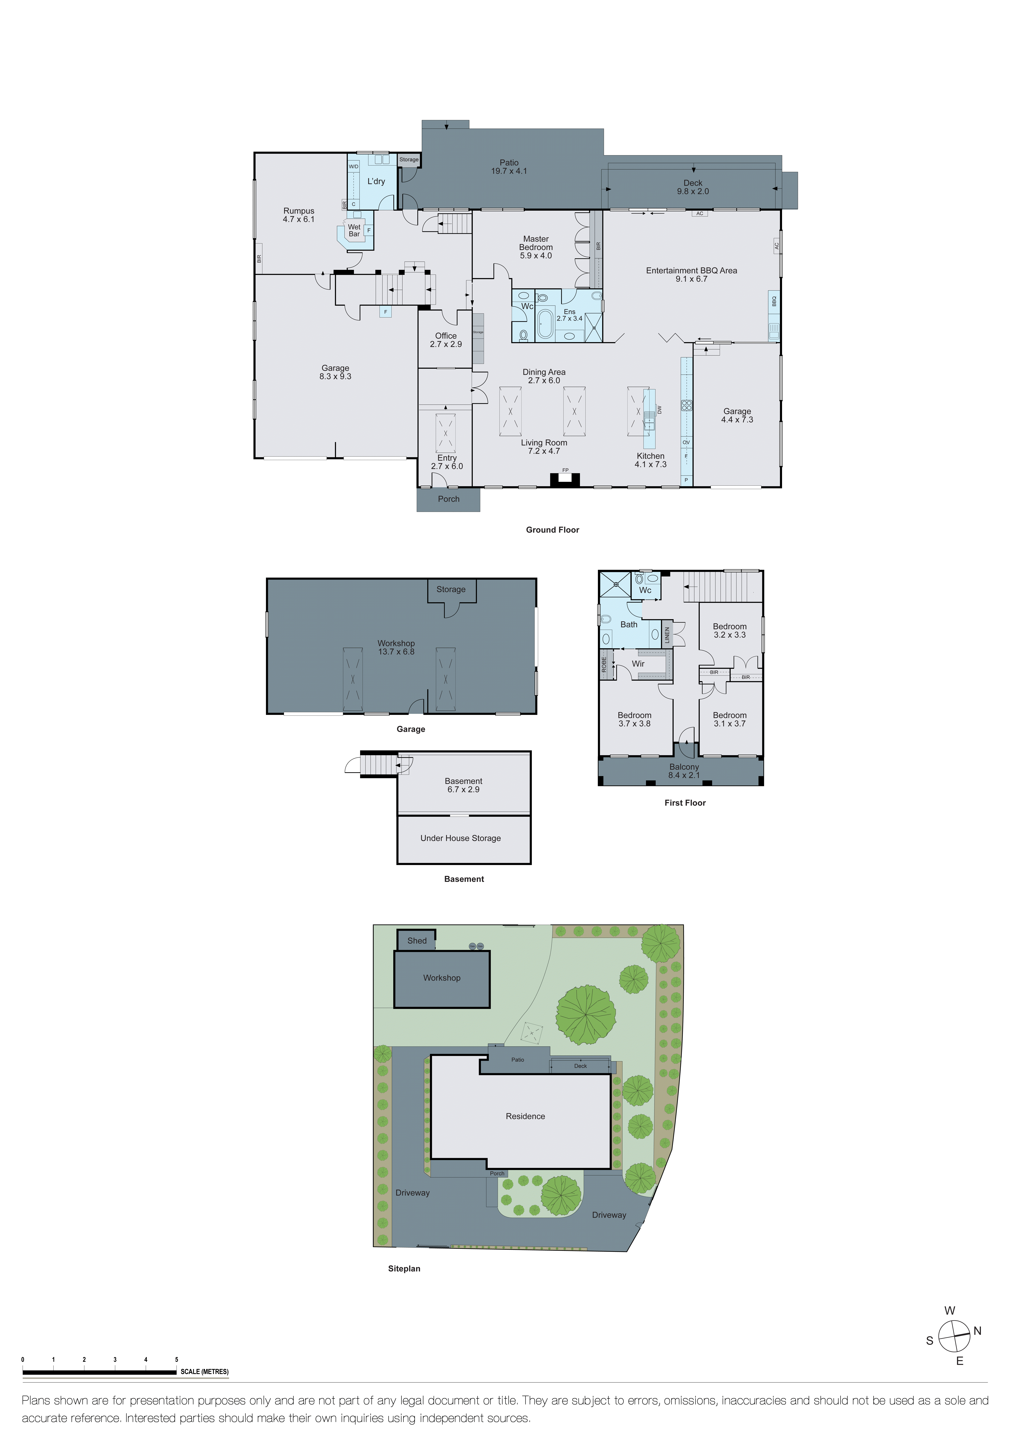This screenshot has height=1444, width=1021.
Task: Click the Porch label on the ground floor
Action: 449,499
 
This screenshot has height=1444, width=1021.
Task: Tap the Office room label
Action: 446,340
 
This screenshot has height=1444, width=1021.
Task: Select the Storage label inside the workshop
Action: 451,589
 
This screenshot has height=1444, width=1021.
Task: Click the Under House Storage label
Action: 460,838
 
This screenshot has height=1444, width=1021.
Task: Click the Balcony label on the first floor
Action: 684,771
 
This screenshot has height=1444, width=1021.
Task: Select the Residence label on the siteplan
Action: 525,1116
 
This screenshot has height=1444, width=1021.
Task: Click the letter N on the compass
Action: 977,1331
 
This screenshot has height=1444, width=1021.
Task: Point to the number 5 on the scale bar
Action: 177,1360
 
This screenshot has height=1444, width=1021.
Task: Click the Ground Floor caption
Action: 552,530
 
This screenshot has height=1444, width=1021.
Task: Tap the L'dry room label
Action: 376,182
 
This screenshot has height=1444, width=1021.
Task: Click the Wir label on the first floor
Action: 638,664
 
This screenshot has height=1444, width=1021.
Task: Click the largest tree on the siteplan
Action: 586,1015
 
